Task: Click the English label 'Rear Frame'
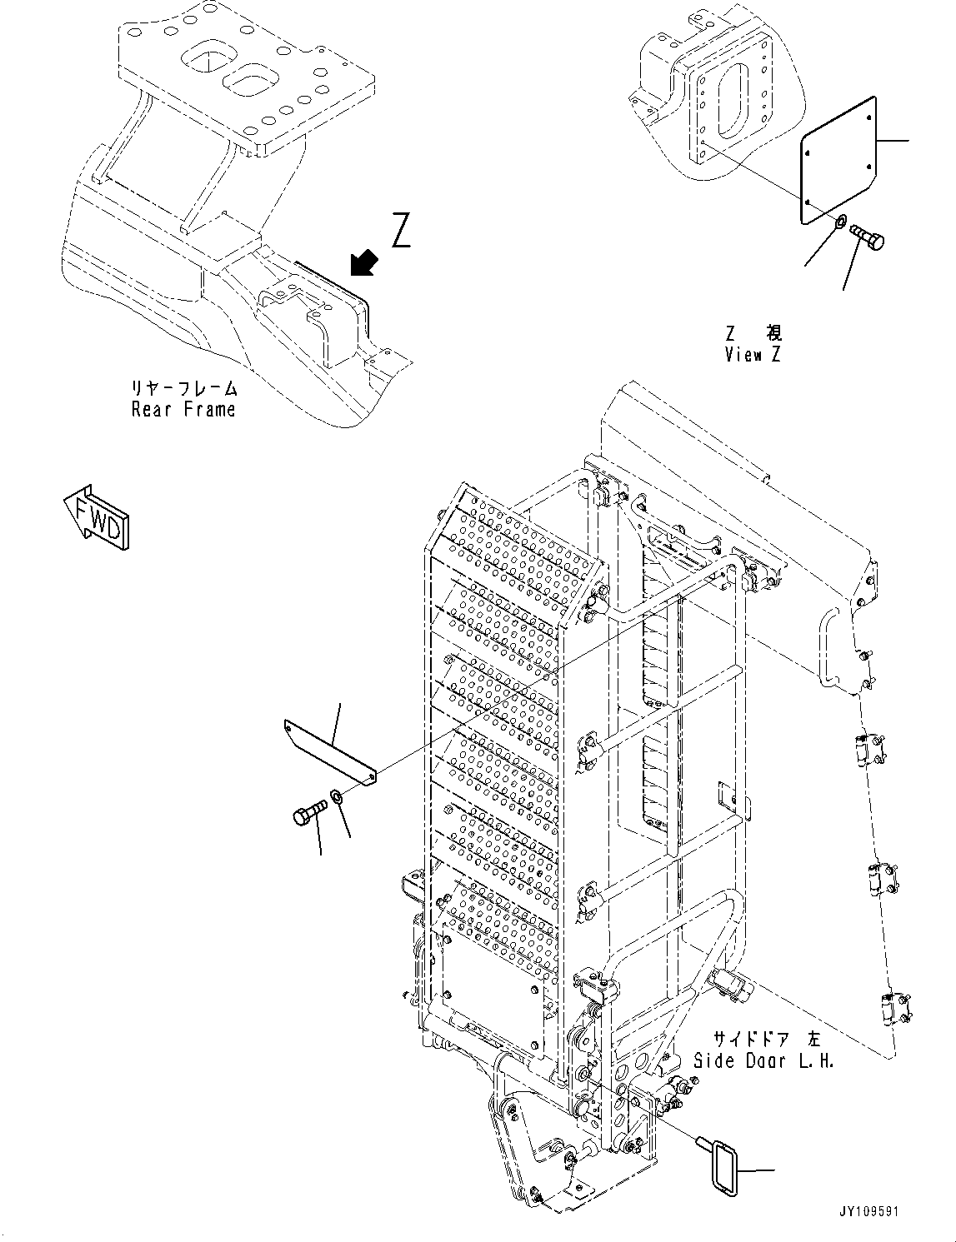pyautogui.click(x=183, y=410)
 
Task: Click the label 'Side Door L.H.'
pyautogui.click(x=763, y=1061)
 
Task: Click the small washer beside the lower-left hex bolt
pyautogui.click(x=337, y=797)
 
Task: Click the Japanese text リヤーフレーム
pyautogui.click(x=183, y=389)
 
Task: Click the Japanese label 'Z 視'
pyautogui.click(x=753, y=333)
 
